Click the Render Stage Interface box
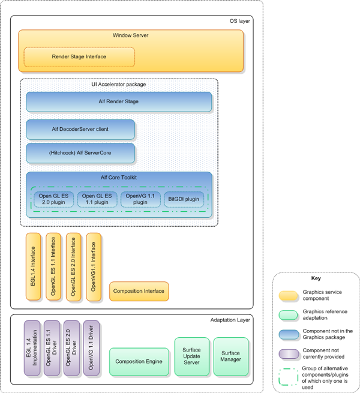(x=79, y=57)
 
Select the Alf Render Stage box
(x=119, y=102)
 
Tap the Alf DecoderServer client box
(x=80, y=129)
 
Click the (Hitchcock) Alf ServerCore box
(x=80, y=153)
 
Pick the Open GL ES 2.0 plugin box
(x=53, y=199)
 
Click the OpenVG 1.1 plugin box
(x=140, y=199)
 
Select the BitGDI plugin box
(x=184, y=199)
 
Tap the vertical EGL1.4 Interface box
(x=32, y=267)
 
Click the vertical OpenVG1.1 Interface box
(x=94, y=267)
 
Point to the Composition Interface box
(x=139, y=291)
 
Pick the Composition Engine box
(x=139, y=362)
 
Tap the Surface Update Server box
(x=191, y=356)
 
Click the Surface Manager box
(x=230, y=356)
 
